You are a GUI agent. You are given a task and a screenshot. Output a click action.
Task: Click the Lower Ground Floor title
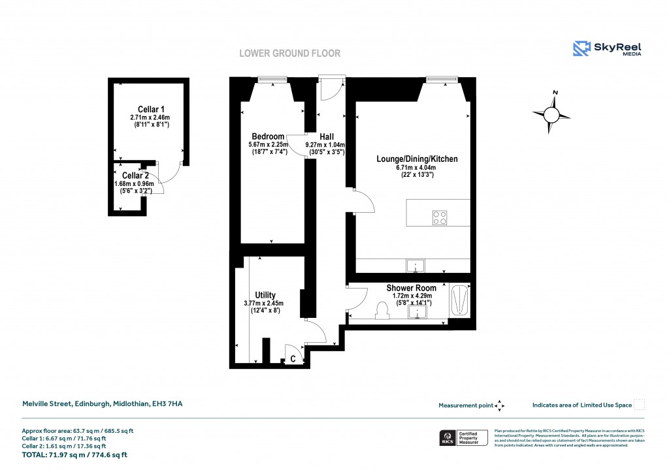[289, 53]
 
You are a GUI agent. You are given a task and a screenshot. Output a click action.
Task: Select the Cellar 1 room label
[151, 109]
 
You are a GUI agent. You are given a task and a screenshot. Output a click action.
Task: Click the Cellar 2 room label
[135, 176]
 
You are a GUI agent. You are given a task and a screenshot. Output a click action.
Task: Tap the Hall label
[327, 136]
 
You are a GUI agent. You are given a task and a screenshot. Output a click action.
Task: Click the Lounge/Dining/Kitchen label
[417, 159]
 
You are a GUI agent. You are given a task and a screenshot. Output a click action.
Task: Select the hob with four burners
[440, 217]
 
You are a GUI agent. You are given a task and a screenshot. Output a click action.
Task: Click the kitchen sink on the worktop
[415, 266]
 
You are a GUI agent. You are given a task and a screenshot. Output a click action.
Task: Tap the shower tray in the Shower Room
[460, 301]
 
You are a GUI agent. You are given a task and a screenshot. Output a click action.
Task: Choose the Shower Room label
[411, 288]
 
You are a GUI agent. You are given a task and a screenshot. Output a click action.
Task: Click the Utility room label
[265, 295]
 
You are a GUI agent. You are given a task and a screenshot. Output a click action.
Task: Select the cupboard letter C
[293, 359]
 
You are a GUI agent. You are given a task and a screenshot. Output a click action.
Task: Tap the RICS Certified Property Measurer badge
[462, 438]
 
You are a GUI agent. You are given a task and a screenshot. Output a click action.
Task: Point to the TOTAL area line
[74, 454]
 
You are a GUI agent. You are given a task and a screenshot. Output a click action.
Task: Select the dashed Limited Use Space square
[640, 405]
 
